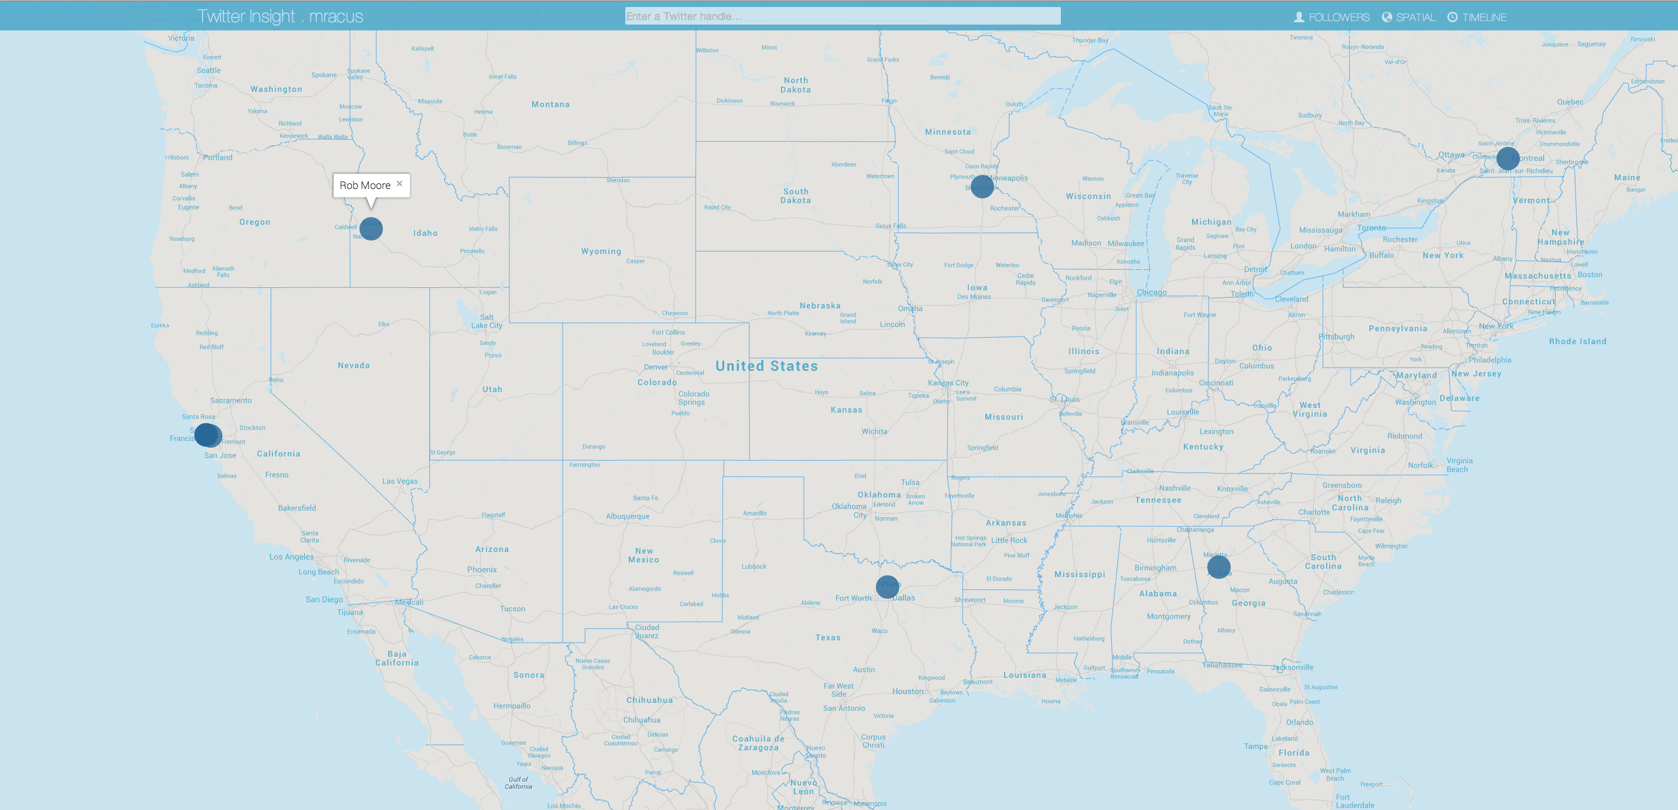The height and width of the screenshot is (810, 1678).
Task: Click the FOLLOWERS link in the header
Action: [1331, 17]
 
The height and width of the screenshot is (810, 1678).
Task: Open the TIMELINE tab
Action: [1477, 17]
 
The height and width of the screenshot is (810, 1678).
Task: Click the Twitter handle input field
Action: [843, 16]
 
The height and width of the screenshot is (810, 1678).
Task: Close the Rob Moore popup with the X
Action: [399, 184]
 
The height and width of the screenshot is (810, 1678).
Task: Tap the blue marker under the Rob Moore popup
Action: [371, 229]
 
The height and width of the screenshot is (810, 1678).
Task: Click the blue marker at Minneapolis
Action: [982, 186]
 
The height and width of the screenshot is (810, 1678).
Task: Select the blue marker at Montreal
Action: [1508, 158]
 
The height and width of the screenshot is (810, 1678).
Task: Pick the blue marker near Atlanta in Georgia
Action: [1218, 567]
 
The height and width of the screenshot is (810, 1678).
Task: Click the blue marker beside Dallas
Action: [887, 586]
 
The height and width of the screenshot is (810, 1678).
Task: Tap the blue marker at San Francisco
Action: [207, 434]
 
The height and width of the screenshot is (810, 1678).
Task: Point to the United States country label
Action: [766, 366]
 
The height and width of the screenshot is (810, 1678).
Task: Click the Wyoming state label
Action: [601, 251]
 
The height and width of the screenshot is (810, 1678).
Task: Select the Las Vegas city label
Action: [399, 481]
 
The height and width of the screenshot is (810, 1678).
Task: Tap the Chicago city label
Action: [1151, 293]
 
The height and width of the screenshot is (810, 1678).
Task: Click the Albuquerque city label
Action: [627, 516]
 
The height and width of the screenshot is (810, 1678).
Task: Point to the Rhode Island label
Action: [1577, 341]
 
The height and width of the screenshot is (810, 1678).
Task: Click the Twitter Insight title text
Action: [246, 16]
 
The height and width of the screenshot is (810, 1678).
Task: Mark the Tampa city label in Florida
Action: [1255, 746]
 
